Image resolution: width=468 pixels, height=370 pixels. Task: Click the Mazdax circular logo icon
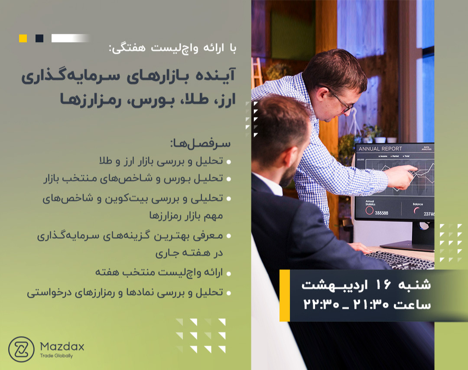(x=21, y=350)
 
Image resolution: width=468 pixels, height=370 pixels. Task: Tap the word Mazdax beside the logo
(x=62, y=347)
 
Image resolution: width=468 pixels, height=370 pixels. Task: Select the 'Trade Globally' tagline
(x=56, y=356)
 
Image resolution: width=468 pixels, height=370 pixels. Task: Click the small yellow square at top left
(x=23, y=38)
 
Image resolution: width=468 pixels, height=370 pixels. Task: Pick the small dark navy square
(x=39, y=38)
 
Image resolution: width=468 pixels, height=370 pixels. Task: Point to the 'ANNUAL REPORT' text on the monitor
(x=380, y=149)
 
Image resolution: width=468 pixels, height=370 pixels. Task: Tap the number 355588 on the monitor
(x=381, y=213)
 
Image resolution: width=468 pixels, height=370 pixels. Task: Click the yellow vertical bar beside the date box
(x=285, y=295)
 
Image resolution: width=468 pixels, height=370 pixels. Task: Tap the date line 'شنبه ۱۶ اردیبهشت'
(x=366, y=285)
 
